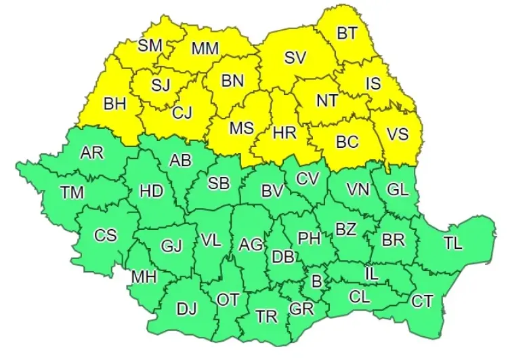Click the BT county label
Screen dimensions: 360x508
pyautogui.click(x=348, y=33)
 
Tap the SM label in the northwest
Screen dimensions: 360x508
pyautogui.click(x=150, y=45)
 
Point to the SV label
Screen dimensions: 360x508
pyautogui.click(x=295, y=58)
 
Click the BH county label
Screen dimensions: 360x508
pyautogui.click(x=114, y=104)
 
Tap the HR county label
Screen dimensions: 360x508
pyautogui.click(x=284, y=133)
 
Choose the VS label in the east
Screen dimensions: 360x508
pyautogui.click(x=398, y=134)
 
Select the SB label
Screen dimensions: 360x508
pyautogui.click(x=218, y=183)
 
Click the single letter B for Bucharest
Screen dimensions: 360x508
pyautogui.click(x=315, y=279)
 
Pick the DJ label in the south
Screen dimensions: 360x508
pyautogui.click(x=186, y=309)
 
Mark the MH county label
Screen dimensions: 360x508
pyautogui.click(x=143, y=277)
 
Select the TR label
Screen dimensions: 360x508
pyautogui.click(x=267, y=316)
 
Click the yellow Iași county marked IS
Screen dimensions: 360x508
pyautogui.click(x=373, y=83)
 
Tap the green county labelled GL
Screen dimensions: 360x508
pyautogui.click(x=398, y=190)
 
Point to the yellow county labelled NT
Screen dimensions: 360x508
pyautogui.click(x=327, y=100)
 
